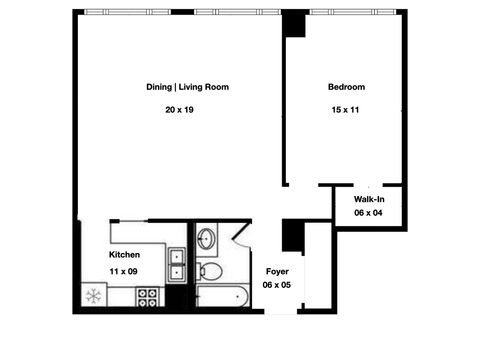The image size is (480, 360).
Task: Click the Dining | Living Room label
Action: (188, 87)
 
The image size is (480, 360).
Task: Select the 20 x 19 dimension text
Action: (180, 109)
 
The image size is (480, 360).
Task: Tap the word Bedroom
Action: (347, 87)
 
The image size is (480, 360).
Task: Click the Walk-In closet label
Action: (370, 201)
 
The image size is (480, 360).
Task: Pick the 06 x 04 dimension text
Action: (369, 214)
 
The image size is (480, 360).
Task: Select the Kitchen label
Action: (125, 255)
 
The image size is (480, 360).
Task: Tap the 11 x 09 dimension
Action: (124, 271)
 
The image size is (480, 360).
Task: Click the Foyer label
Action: (277, 271)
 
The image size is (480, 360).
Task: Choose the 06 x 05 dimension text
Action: (277, 285)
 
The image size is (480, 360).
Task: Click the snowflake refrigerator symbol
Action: (93, 295)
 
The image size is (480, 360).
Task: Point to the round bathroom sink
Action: (206, 239)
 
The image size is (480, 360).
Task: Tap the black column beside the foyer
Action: (292, 236)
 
